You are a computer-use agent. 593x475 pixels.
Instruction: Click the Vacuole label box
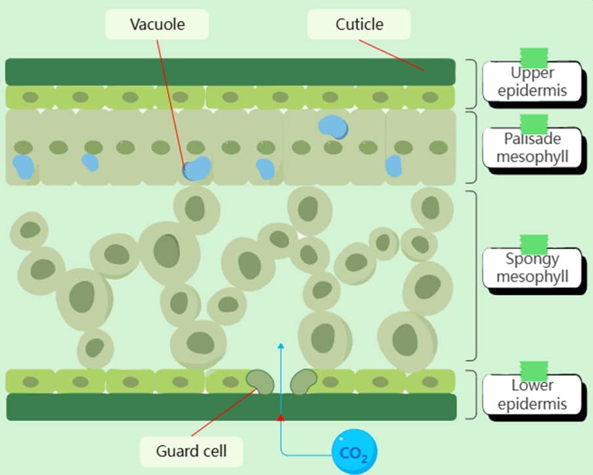(x=157, y=25)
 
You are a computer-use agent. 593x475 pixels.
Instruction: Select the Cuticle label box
(x=359, y=25)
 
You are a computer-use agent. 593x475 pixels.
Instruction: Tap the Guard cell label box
(x=191, y=451)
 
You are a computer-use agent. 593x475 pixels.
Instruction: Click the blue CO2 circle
(x=355, y=452)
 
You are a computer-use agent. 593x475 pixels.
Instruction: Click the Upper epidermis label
(x=532, y=81)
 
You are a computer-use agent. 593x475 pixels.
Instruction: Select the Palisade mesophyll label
(x=532, y=148)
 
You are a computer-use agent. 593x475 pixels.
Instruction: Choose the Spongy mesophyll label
(x=532, y=267)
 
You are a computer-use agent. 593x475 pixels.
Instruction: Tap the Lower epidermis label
(x=532, y=395)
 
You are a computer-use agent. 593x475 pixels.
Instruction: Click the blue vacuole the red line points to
(x=197, y=168)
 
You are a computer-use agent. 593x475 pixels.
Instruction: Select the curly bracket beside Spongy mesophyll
(x=472, y=276)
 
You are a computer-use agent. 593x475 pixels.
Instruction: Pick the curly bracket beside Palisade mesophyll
(x=472, y=147)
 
